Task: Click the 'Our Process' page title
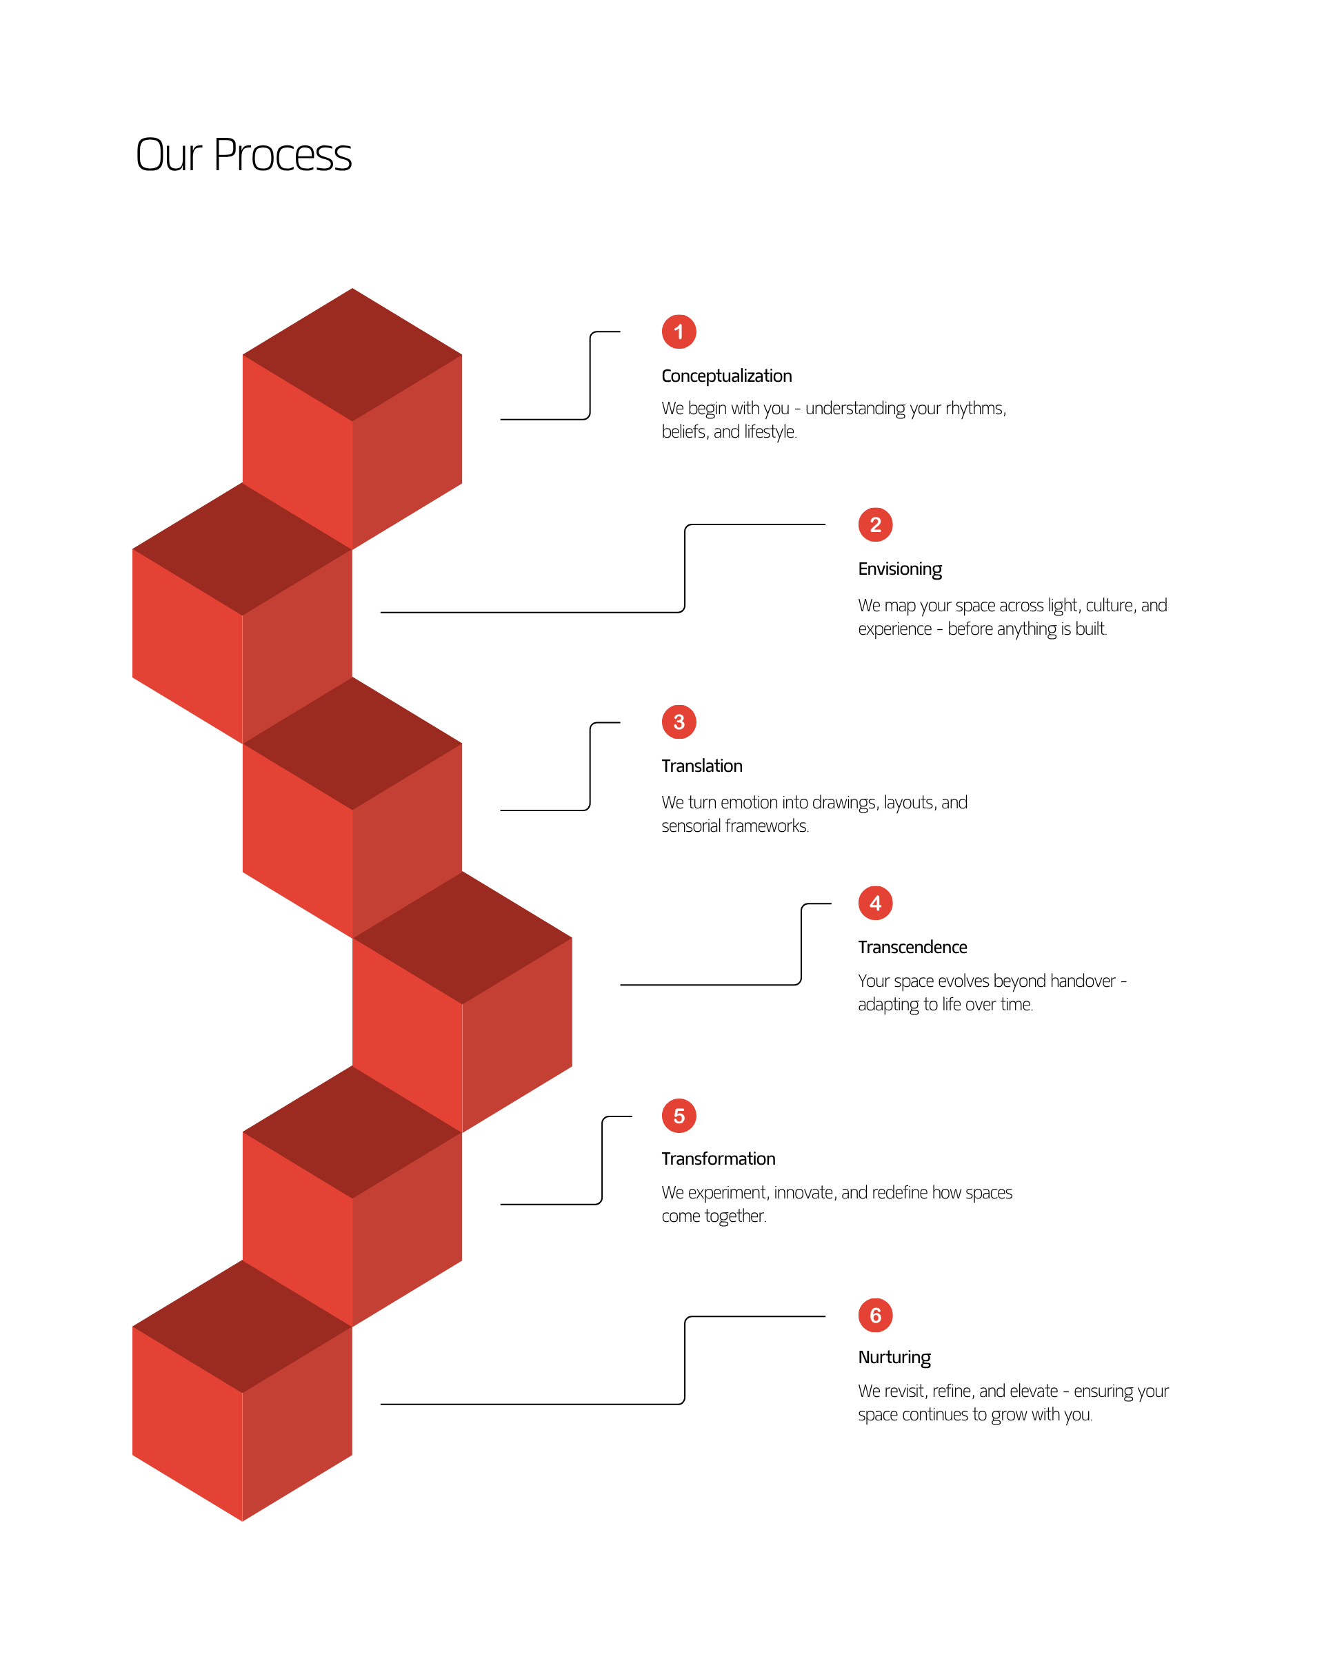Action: point(243,155)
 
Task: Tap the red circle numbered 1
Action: point(679,331)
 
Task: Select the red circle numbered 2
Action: point(875,524)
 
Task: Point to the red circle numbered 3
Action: point(679,722)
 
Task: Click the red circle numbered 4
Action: point(875,903)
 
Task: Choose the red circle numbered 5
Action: point(679,1116)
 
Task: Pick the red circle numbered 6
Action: point(875,1316)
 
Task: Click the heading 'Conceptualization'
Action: point(726,376)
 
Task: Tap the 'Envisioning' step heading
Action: point(899,569)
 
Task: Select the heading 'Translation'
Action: point(701,766)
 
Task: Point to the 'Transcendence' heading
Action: point(912,948)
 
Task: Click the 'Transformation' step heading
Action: point(719,1158)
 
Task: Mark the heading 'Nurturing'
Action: point(894,1358)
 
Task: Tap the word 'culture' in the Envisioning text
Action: point(1111,606)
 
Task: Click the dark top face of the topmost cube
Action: point(352,354)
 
